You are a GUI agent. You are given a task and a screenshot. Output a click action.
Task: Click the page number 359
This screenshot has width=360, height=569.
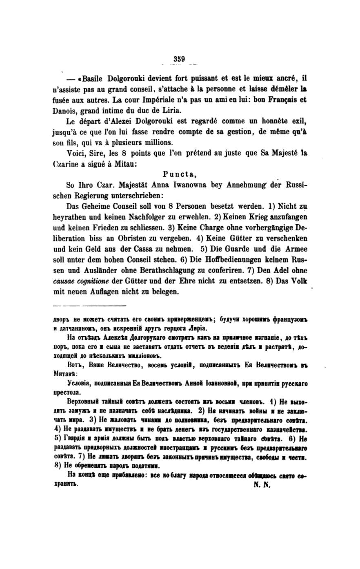(x=179, y=58)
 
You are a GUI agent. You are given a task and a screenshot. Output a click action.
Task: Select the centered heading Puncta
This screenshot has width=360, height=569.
(x=179, y=174)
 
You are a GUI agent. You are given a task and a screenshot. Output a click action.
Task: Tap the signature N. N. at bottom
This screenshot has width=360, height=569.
(x=260, y=486)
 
